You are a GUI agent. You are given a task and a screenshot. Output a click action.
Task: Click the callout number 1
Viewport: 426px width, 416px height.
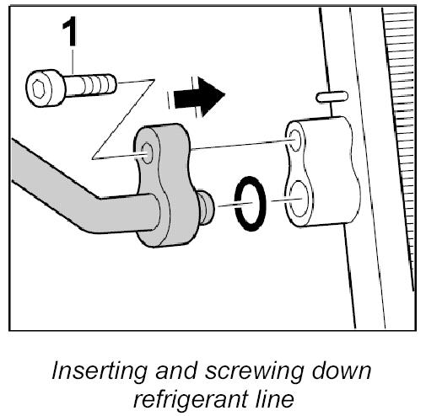69,31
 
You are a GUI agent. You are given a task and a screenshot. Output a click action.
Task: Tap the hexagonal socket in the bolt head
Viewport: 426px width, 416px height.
38,88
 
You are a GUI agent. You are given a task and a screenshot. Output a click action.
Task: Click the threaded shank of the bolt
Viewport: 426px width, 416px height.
91,84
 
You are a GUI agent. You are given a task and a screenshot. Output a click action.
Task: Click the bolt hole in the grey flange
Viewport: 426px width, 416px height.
147,153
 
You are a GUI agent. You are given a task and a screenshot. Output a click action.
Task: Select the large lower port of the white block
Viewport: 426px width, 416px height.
298,199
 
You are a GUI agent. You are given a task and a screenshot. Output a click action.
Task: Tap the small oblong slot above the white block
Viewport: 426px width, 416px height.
332,97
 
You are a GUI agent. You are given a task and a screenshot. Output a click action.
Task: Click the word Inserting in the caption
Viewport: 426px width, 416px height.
99,371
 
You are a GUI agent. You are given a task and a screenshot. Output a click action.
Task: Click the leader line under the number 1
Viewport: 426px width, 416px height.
73,61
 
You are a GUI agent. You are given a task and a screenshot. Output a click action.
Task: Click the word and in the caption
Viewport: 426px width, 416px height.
175,371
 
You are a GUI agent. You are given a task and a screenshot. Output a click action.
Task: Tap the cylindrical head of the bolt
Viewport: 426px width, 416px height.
45,88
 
